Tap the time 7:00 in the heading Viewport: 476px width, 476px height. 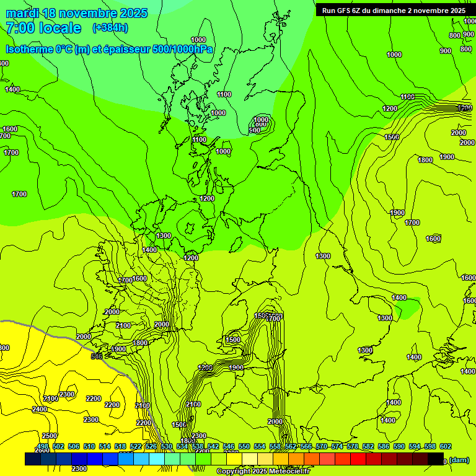(x=22, y=29)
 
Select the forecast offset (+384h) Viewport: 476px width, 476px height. (x=110, y=28)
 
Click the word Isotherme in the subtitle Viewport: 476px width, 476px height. (x=29, y=50)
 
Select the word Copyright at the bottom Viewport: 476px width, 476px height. (x=234, y=472)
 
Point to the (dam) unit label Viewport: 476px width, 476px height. (x=459, y=459)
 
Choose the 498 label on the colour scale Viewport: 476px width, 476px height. (x=43, y=446)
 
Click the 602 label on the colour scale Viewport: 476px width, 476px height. (x=446, y=446)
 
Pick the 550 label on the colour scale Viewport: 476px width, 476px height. (x=244, y=446)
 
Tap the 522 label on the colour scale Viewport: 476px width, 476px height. (x=136, y=446)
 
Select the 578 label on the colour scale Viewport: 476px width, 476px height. (x=353, y=446)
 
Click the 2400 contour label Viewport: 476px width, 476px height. (x=40, y=409)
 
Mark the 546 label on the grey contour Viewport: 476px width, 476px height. (x=97, y=356)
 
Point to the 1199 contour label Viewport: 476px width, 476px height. (x=407, y=97)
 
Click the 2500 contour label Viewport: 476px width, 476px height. (x=50, y=436)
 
